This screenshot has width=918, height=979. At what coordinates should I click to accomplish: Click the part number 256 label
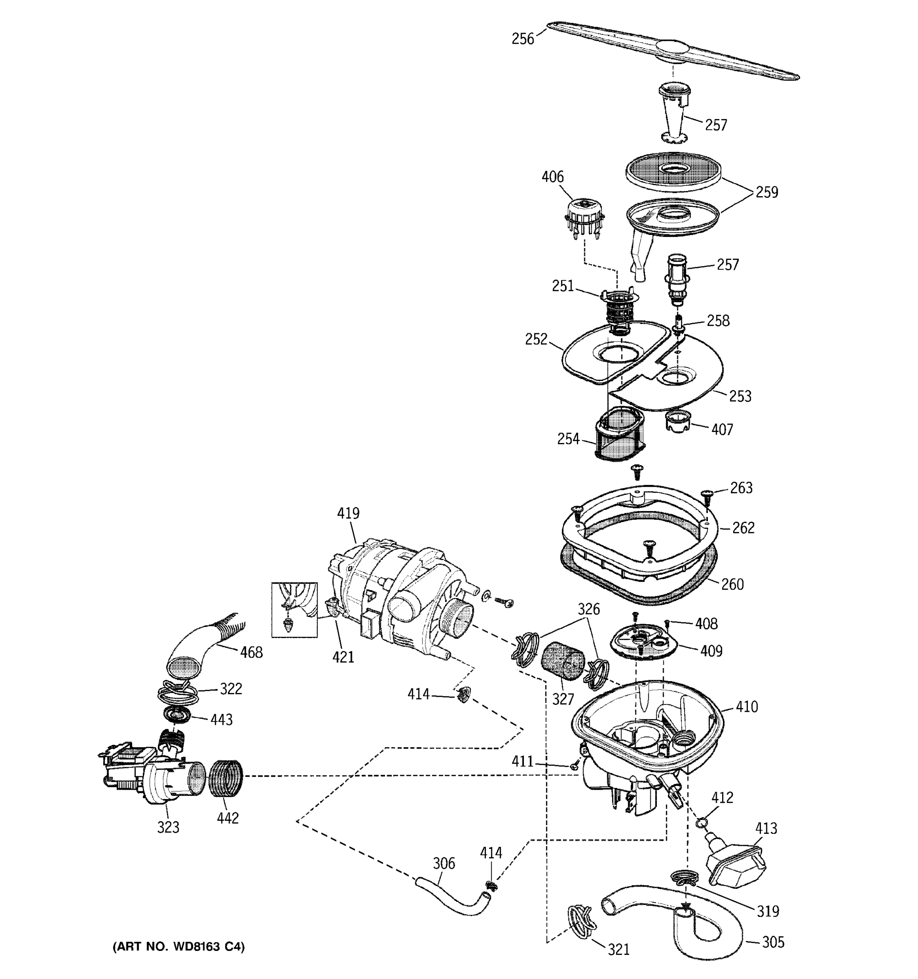coord(523,39)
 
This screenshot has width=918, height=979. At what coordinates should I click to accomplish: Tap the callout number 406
coord(552,177)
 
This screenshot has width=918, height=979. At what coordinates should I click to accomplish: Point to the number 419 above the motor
coord(348,513)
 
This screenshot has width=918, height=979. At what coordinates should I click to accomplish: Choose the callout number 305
coord(773,942)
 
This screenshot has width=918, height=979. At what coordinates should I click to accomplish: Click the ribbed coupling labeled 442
coord(226,777)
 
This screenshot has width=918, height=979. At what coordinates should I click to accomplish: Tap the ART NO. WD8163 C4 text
coord(178,946)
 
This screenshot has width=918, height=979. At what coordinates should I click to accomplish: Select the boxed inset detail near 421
coord(294,610)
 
